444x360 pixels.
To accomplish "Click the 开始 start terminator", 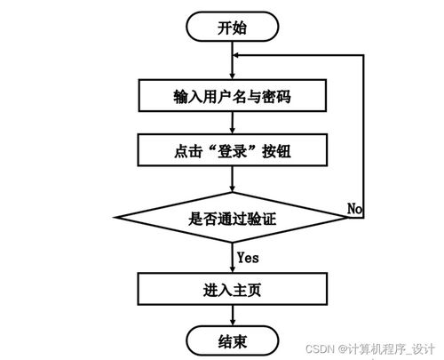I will tap(232, 27).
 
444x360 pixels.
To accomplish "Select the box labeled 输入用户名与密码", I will tap(232, 95).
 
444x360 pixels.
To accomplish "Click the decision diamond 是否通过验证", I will tap(232, 218).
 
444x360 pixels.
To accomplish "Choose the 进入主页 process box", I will tap(232, 290).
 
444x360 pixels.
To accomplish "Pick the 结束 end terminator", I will tap(232, 340).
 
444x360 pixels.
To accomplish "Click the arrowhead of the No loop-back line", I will tap(238, 54).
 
